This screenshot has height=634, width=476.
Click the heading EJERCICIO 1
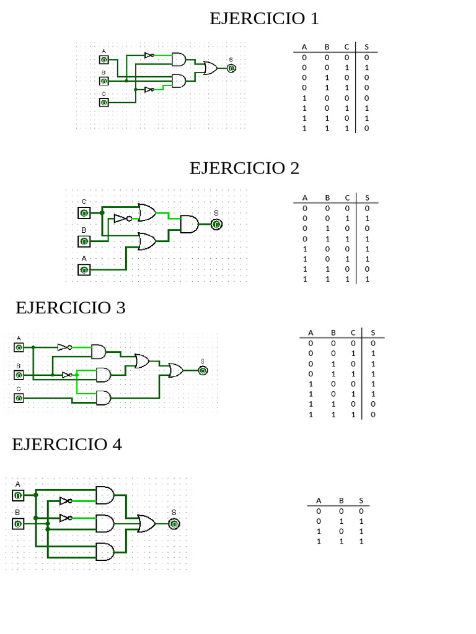[x=264, y=19]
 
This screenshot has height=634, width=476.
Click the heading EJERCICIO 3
[x=71, y=308]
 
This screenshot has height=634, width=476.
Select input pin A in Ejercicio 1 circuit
[x=104, y=60]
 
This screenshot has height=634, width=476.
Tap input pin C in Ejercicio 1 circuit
[x=104, y=102]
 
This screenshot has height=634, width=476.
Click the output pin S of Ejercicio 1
[x=231, y=68]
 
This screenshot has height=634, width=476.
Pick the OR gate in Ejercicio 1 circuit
[x=210, y=68]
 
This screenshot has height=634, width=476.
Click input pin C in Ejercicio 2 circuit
[x=84, y=213]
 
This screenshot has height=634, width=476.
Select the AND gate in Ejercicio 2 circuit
[x=189, y=224]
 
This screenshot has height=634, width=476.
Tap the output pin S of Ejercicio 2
[x=216, y=224]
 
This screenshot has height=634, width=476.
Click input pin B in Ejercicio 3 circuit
[x=19, y=375]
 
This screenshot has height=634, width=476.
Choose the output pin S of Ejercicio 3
[x=203, y=370]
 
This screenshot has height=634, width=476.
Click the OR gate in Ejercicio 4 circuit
[x=146, y=524]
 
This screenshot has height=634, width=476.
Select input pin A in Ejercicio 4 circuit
[x=18, y=495]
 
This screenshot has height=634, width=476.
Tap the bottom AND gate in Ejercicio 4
[x=105, y=552]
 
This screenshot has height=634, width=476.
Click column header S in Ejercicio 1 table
[x=367, y=47]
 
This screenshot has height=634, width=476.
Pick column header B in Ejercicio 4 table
[x=342, y=501]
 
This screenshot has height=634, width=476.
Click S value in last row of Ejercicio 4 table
[x=361, y=541]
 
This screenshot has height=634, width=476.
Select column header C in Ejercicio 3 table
[x=353, y=332]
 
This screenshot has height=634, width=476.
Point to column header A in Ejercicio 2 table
[x=305, y=198]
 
